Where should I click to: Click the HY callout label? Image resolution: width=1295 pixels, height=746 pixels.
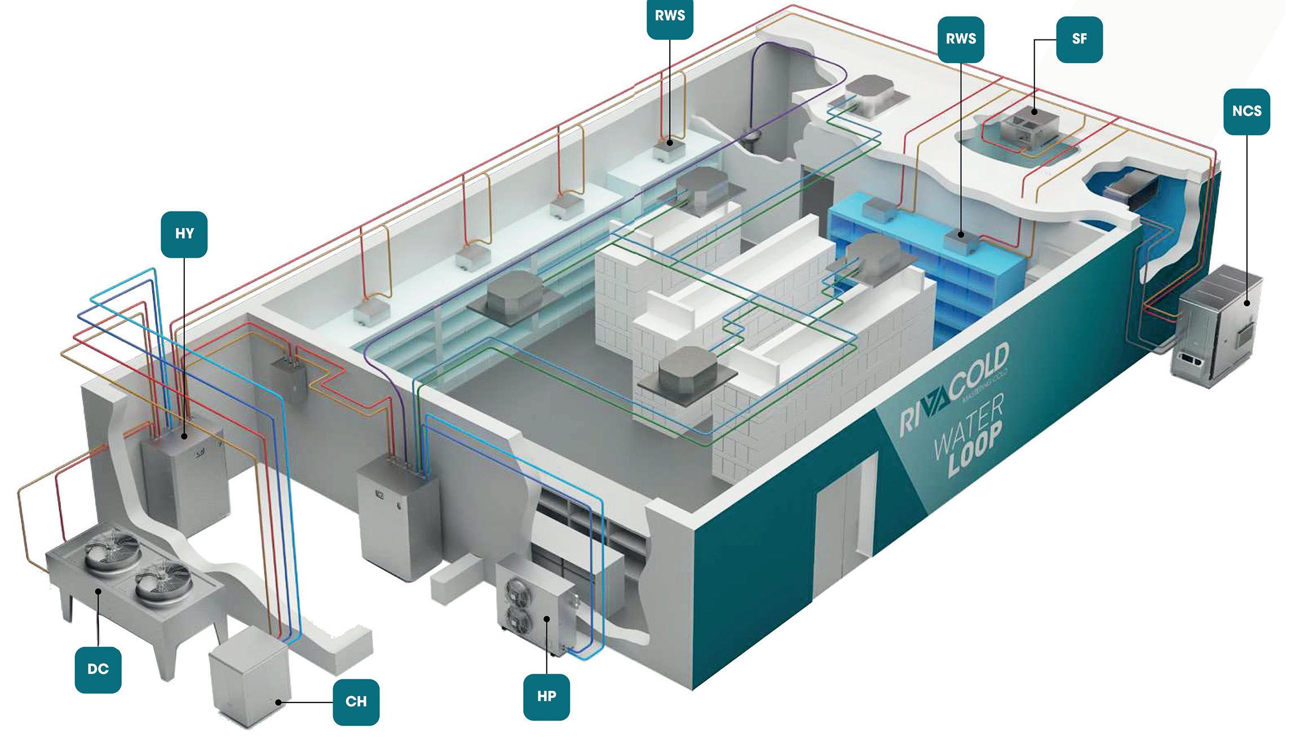click(x=184, y=234)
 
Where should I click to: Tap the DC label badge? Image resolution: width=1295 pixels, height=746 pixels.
click(x=98, y=669)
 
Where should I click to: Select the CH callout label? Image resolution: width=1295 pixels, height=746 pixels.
click(x=356, y=701)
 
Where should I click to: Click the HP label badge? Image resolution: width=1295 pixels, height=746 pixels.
click(x=546, y=696)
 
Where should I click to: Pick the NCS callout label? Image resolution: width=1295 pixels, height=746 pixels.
click(x=1247, y=111)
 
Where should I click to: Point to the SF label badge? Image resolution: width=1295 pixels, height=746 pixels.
click(x=1079, y=39)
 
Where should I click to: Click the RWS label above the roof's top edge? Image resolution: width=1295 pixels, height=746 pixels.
click(x=670, y=16)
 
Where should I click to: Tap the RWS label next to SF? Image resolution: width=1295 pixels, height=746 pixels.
click(x=961, y=39)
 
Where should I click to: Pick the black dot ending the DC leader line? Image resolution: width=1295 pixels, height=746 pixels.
click(x=98, y=591)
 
